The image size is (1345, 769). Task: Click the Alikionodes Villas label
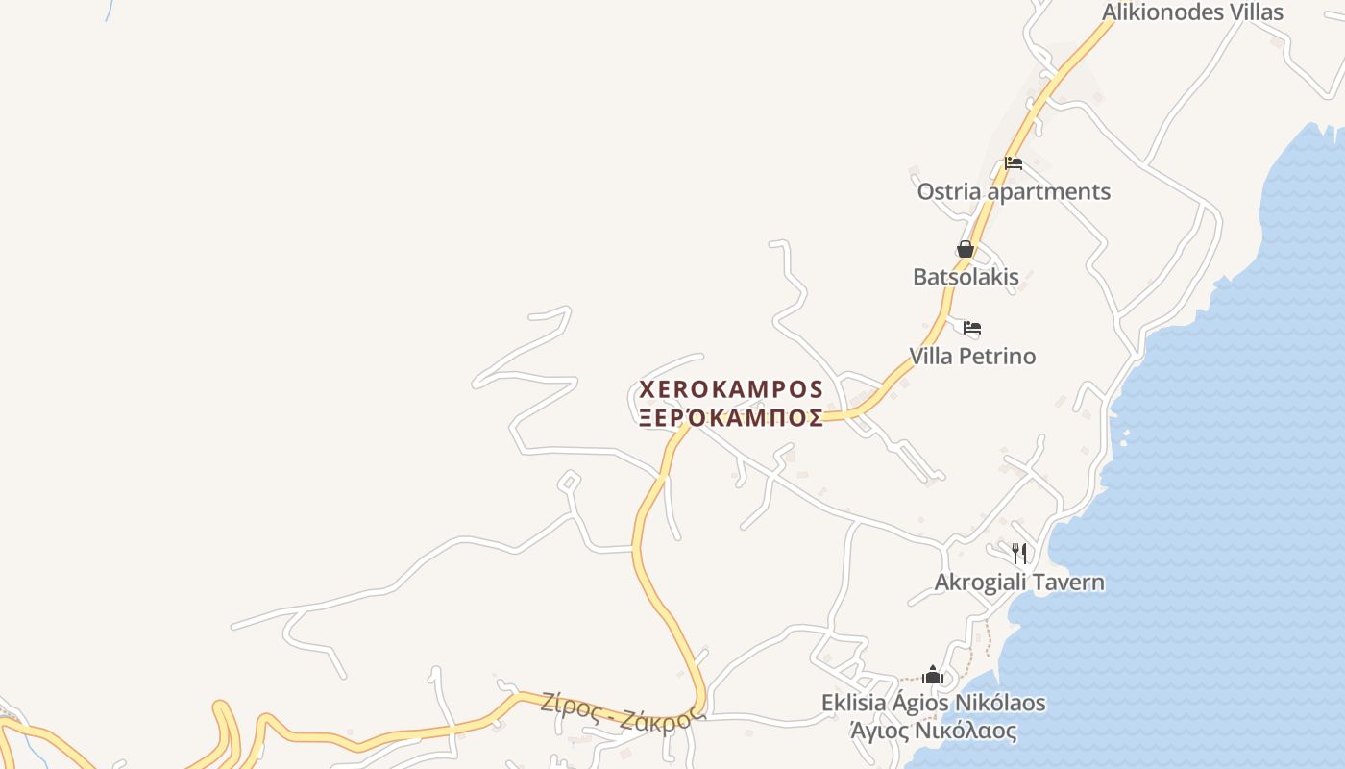[x=1192, y=12]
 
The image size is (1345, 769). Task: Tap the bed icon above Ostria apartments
[x=1014, y=163]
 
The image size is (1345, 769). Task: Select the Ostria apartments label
[x=1014, y=191]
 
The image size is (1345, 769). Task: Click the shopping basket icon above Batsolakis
[x=966, y=250]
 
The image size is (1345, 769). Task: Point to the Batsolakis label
[x=966, y=277]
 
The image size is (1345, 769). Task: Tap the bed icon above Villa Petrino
[x=972, y=328]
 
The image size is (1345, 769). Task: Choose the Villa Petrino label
[x=972, y=357]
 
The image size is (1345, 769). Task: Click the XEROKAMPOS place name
[x=731, y=389]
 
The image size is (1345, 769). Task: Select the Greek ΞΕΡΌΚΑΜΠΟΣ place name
[x=731, y=418]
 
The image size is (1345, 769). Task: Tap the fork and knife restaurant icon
[x=1019, y=553]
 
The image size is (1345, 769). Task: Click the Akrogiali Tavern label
[x=1019, y=583]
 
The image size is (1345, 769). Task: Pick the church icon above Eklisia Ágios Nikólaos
[x=933, y=675]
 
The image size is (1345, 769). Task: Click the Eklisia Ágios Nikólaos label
[x=933, y=703]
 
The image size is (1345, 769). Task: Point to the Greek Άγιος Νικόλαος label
[x=933, y=731]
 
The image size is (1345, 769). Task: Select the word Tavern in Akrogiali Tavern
[x=1068, y=583]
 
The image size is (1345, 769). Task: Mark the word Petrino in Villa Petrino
[x=998, y=357]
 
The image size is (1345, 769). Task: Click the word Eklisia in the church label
[x=853, y=703]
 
